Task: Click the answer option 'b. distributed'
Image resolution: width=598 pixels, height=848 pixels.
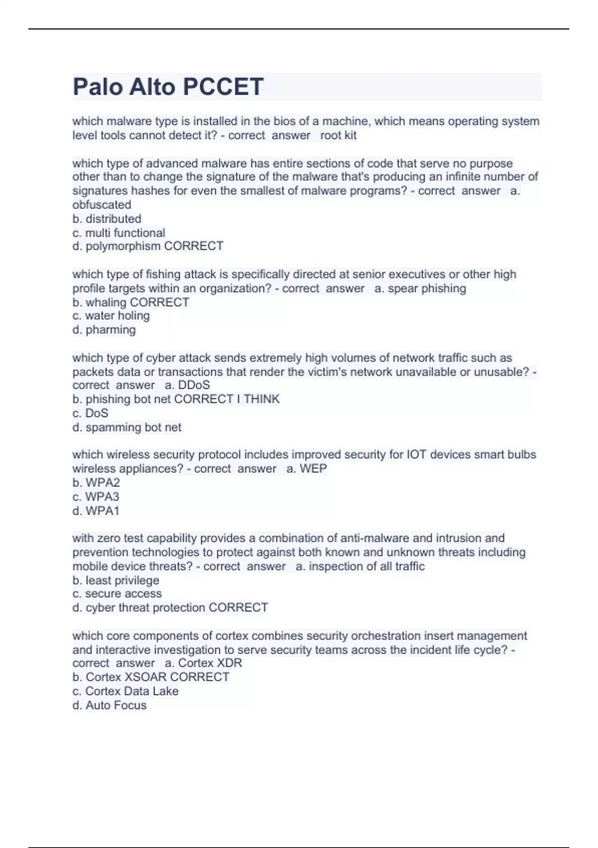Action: (x=107, y=218)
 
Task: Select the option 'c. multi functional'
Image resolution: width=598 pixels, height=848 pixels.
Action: (x=119, y=232)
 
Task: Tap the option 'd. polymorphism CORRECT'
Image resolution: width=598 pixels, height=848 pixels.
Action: (x=148, y=246)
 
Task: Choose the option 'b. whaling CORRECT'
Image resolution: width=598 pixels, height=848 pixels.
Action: (x=131, y=302)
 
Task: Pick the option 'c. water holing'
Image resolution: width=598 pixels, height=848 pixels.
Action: (x=111, y=316)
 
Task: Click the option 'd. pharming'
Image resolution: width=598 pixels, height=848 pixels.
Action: (x=104, y=330)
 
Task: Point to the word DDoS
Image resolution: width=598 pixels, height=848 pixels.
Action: (x=194, y=385)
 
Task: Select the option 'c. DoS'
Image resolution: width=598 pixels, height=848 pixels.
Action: (x=90, y=413)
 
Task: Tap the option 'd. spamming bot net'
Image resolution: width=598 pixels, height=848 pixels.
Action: (x=127, y=427)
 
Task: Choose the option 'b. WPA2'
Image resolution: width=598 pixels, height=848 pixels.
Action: (x=96, y=482)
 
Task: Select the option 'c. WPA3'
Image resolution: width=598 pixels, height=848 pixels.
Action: (x=96, y=496)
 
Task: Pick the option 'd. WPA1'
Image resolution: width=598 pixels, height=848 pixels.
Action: (x=96, y=511)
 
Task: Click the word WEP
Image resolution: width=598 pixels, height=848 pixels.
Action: (x=313, y=468)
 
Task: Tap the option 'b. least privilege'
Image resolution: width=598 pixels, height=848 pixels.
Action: (x=116, y=580)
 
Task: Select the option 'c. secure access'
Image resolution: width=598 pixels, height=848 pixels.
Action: (x=117, y=594)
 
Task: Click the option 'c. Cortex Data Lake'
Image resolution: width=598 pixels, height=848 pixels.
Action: (x=125, y=691)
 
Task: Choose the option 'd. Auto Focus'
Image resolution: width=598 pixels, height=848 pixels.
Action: (x=109, y=705)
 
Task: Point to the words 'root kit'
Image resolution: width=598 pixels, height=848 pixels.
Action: (x=338, y=135)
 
